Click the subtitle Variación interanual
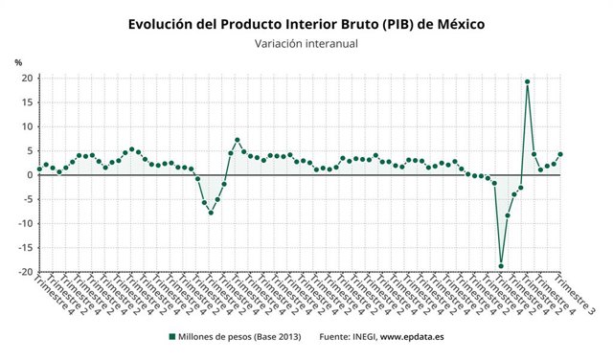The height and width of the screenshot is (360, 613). pyautogui.click(x=306, y=44)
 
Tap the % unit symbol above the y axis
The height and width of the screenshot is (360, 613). pyautogui.click(x=17, y=63)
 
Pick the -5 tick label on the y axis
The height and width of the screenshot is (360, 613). pyautogui.click(x=29, y=199)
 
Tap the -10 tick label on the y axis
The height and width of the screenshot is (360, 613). pyautogui.click(x=27, y=224)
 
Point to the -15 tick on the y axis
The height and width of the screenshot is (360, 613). pyautogui.click(x=27, y=248)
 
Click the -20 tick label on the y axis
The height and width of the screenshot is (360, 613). pyautogui.click(x=27, y=272)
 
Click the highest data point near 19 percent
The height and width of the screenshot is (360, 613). pyautogui.click(x=528, y=81)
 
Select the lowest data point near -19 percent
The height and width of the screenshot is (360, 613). pyautogui.click(x=501, y=266)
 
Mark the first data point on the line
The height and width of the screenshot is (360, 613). pyautogui.click(x=39, y=169)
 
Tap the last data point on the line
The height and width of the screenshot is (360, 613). pyautogui.click(x=560, y=154)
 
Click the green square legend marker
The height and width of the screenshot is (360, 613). pyautogui.click(x=171, y=337)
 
